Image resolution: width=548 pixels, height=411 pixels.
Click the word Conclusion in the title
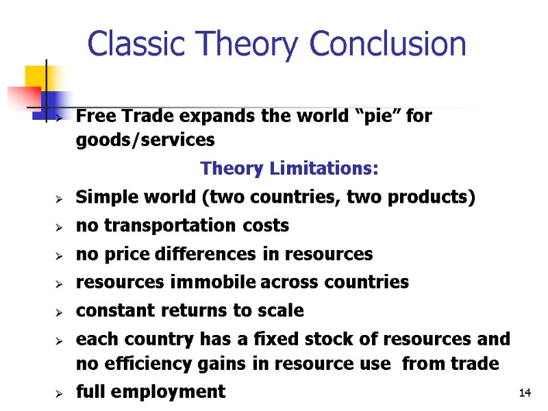388,45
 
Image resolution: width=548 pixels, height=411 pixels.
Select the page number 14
525,393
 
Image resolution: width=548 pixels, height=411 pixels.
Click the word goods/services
145,140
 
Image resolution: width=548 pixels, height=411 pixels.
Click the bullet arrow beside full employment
60,393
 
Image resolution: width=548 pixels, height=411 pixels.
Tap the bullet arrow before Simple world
60,199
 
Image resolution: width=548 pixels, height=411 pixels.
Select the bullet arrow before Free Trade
60,118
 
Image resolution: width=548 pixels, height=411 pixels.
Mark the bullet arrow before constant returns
60,312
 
